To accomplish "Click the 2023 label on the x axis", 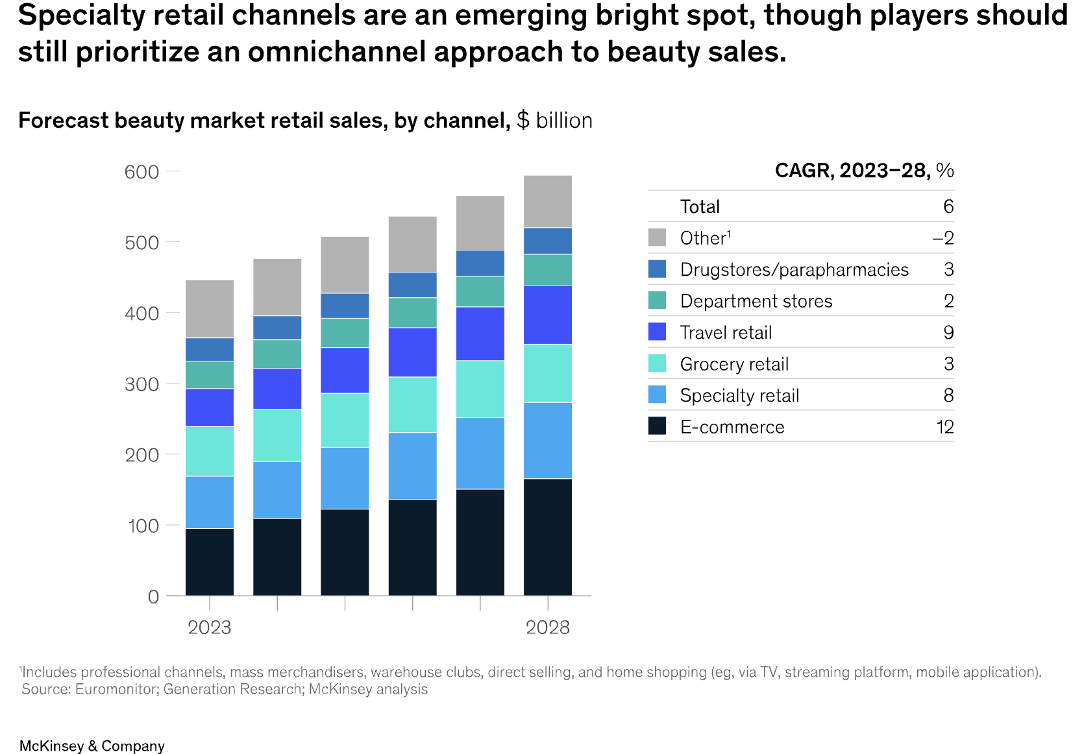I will tap(209, 627).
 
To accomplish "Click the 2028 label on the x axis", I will tap(547, 627).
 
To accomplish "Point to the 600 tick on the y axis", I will tap(142, 172).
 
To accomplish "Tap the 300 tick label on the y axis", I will tap(142, 384).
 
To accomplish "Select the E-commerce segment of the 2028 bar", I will tap(547, 537).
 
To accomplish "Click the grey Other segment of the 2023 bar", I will tap(209, 309).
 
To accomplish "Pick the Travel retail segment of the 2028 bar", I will tap(547, 315).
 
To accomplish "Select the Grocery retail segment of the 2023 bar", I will tap(209, 451).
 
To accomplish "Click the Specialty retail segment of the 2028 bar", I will tap(547, 441).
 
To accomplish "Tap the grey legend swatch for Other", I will tap(657, 237).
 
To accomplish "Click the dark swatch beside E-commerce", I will tap(657, 426).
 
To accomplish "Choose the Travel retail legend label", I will tap(726, 333).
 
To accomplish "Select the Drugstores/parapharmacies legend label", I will tap(794, 270).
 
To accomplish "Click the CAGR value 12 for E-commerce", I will tap(944, 427).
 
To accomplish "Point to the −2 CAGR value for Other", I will tap(942, 238).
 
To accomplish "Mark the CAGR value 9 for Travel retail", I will tap(948, 333).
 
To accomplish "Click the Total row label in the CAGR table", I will tap(700, 207).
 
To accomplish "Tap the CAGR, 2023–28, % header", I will tap(864, 171).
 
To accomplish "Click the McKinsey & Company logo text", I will tap(92, 746).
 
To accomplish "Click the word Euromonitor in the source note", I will tap(116, 689).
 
